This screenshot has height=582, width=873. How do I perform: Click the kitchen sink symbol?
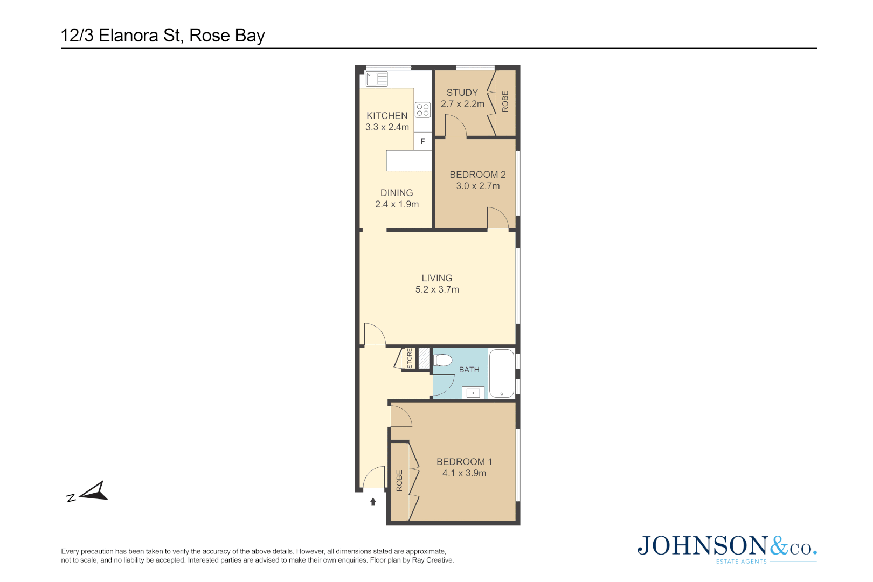click(377, 79)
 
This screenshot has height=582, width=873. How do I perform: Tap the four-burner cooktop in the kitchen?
click(423, 110)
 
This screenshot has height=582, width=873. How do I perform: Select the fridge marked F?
click(423, 141)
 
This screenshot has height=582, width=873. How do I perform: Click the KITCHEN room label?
click(387, 116)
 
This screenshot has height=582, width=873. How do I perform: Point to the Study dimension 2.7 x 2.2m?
click(462, 104)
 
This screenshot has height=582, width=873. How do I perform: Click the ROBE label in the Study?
click(505, 101)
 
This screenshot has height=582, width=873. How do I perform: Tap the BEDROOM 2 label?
click(477, 175)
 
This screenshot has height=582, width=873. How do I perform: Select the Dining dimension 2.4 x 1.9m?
click(397, 204)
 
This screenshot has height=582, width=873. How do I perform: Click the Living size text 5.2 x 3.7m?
click(437, 289)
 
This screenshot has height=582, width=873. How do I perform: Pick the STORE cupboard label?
click(410, 358)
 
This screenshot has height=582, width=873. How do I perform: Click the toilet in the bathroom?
click(443, 360)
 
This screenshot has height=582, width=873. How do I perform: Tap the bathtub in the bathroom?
click(501, 373)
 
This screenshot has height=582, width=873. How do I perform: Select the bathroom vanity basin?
click(473, 393)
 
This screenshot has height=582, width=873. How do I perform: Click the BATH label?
click(469, 370)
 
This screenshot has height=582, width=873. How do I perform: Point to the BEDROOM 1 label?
click(464, 462)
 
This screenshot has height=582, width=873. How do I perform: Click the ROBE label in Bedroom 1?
click(399, 481)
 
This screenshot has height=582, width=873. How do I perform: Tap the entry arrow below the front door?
click(373, 502)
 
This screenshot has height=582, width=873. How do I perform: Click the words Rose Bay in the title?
click(227, 36)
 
